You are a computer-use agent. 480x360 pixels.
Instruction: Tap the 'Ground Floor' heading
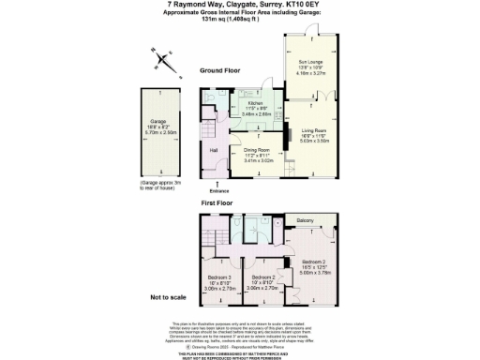pyautogui.click(x=220, y=71)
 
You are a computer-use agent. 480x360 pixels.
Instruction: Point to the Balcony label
pyautogui.click(x=305, y=220)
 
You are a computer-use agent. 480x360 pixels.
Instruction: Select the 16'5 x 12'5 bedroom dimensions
pyautogui.click(x=315, y=268)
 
